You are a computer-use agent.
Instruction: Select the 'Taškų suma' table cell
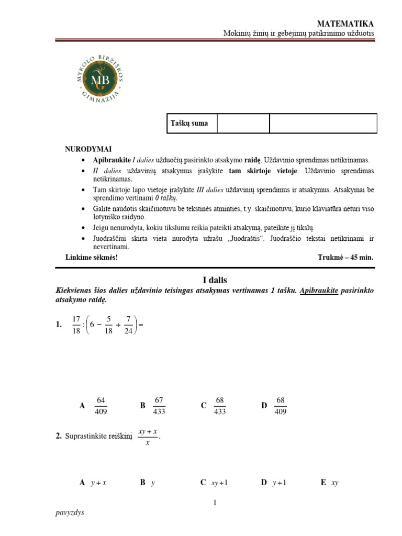(x=189, y=124)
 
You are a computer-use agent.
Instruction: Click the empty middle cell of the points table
(x=243, y=124)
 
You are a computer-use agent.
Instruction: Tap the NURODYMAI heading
(x=88, y=149)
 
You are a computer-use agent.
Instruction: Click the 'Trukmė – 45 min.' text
(x=346, y=258)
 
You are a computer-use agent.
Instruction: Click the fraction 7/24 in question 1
(x=129, y=325)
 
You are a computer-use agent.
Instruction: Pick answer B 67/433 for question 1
(x=159, y=405)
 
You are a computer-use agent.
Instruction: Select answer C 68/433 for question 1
(x=220, y=405)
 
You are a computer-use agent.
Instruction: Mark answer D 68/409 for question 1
(x=280, y=405)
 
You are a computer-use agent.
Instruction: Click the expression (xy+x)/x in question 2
(x=148, y=437)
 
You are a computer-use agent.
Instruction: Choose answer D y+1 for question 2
(x=279, y=483)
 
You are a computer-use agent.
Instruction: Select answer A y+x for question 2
(x=98, y=483)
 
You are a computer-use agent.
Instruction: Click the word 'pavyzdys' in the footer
(x=70, y=512)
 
